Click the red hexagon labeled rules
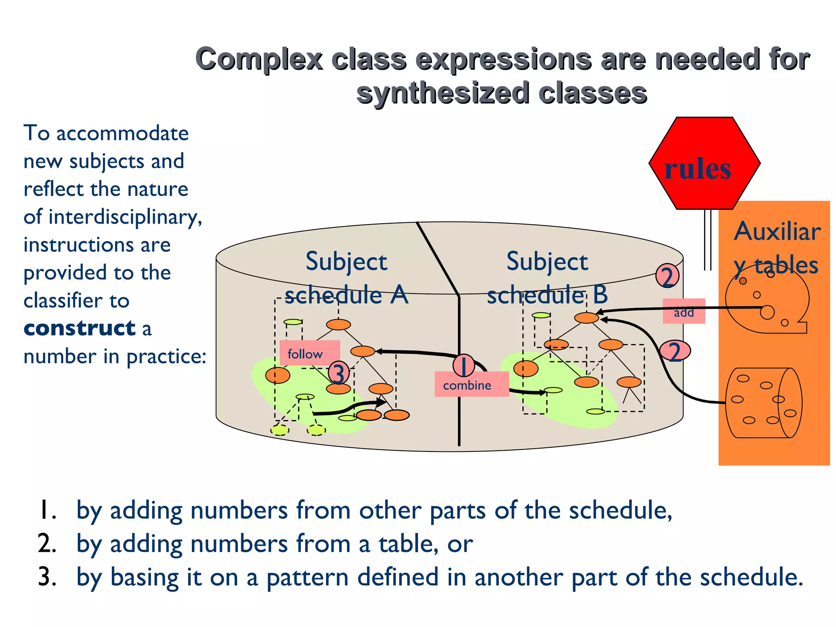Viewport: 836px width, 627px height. point(704,163)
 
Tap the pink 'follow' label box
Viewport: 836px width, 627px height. point(309,353)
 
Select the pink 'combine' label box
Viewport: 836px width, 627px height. point(471,385)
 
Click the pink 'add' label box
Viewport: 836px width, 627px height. point(684,312)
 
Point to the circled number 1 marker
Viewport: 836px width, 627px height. point(463,365)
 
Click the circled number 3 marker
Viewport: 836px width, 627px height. point(338,373)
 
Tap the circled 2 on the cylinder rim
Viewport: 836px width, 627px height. point(667,276)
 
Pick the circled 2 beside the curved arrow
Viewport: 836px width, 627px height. point(675,351)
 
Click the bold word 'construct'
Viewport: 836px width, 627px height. point(80,329)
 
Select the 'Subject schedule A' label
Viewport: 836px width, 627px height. point(346,278)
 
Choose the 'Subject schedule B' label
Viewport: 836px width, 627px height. point(547,278)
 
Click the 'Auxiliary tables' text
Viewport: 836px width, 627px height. point(776,248)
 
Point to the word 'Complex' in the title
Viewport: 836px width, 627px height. point(259,60)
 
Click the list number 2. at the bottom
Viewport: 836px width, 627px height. point(47,544)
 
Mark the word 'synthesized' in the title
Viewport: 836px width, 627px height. point(442,93)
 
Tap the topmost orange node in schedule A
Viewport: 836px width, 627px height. point(338,325)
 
